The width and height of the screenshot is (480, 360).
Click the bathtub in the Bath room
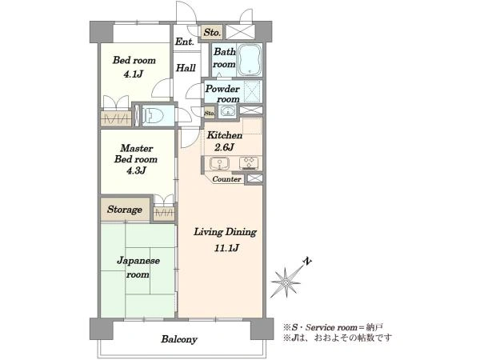coord(250,60)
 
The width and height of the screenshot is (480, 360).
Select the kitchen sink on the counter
coord(220,163)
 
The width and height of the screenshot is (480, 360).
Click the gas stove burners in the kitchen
coord(249,163)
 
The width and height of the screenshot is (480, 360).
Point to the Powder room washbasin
coord(227,111)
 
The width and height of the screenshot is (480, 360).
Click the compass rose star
coord(286,282)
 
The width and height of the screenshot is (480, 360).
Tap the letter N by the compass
coord(307,261)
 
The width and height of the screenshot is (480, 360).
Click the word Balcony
coord(179,339)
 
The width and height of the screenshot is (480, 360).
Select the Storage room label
coord(125,210)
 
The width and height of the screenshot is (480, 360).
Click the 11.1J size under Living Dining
coord(226,248)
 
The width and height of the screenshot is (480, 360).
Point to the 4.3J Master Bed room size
coord(136,170)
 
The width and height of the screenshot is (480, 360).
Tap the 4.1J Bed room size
coord(134,74)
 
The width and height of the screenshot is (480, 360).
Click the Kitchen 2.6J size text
coord(224,147)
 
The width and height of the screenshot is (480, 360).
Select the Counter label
coord(226,179)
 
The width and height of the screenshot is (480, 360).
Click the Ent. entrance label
coord(185,42)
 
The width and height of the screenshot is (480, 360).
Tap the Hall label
coord(186,68)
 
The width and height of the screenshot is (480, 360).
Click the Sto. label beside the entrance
coord(212,32)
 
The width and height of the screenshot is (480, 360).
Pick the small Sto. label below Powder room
coord(210,114)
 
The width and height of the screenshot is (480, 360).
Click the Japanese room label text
coord(138,267)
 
